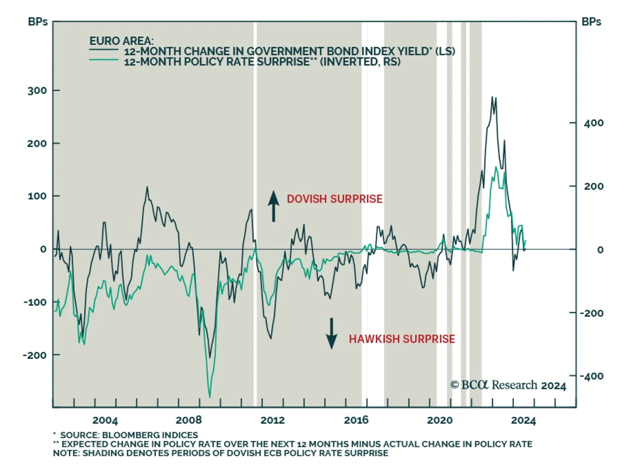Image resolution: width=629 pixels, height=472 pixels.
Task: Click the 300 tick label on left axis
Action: point(37,91)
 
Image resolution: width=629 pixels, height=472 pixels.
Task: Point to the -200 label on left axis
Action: point(35,355)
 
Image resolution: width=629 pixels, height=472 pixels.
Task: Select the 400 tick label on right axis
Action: point(594,124)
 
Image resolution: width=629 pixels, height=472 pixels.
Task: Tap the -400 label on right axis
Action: point(592,376)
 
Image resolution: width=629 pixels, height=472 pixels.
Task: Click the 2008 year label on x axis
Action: point(189,420)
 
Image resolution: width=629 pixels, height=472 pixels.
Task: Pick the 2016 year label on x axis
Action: point(356,420)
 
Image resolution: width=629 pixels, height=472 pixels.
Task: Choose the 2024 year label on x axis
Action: point(523,420)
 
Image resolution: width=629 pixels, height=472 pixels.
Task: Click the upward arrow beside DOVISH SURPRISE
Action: point(274,206)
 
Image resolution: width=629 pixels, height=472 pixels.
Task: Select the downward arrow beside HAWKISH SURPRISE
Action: point(331,334)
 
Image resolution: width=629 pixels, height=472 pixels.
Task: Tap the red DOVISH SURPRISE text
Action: point(335,199)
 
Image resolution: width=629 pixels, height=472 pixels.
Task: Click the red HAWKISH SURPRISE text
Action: point(402,339)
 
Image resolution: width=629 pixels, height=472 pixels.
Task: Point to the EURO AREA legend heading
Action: point(121,41)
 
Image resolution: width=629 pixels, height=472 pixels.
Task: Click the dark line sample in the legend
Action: point(104,50)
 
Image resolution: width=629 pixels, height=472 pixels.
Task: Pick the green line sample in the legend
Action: point(104,60)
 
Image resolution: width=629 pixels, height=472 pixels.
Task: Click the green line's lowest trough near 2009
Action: point(210,397)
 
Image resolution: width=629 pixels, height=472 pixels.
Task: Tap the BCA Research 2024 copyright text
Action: point(508,385)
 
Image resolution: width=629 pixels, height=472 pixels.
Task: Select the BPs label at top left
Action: point(38,22)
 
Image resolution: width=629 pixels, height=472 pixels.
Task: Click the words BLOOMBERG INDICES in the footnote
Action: point(150,435)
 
